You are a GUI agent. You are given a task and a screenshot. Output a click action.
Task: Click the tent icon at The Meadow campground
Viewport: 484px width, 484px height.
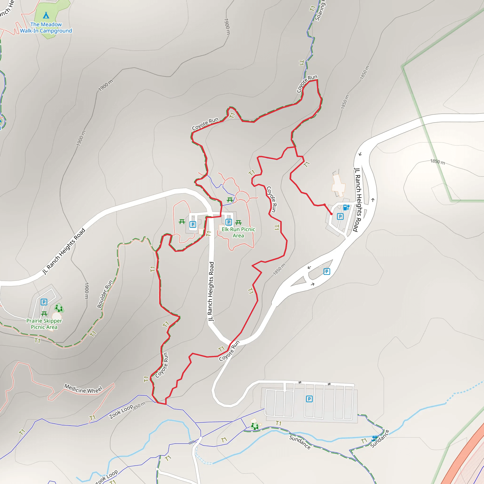pos(46,15)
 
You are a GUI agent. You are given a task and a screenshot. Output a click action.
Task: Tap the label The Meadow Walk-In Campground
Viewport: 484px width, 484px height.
pos(46,28)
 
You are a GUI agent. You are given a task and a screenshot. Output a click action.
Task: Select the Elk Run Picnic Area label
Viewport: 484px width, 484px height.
pos(238,233)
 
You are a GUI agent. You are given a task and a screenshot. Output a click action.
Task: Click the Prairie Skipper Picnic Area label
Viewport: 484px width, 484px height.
pos(44,324)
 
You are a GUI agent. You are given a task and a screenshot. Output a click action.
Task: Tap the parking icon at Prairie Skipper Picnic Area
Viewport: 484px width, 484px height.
pos(44,302)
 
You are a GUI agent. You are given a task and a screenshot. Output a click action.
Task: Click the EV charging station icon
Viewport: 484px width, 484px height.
pos(346,207)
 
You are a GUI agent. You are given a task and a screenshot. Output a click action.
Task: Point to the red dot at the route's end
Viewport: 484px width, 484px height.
pos(331,214)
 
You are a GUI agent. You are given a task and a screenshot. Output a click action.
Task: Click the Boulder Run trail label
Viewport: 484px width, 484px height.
pos(105,294)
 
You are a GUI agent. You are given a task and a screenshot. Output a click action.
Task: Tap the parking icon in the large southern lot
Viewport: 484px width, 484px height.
pos(309,399)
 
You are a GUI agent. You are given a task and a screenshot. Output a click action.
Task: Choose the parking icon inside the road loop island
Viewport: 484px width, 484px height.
pos(327,271)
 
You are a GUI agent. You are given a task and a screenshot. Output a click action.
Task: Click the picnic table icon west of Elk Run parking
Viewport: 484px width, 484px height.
pos(182,222)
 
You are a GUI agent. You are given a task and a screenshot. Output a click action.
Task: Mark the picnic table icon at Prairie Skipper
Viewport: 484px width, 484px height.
pos(44,314)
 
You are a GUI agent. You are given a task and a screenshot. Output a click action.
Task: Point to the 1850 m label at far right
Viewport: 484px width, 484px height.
pos(438,162)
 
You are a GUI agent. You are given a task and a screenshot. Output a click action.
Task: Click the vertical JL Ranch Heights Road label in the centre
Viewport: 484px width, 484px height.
pos(211,291)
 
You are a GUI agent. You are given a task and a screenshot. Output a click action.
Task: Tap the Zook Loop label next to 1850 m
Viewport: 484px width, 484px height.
pos(121,412)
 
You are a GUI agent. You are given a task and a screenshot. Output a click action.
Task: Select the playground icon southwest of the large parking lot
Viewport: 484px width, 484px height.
pos(255,426)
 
